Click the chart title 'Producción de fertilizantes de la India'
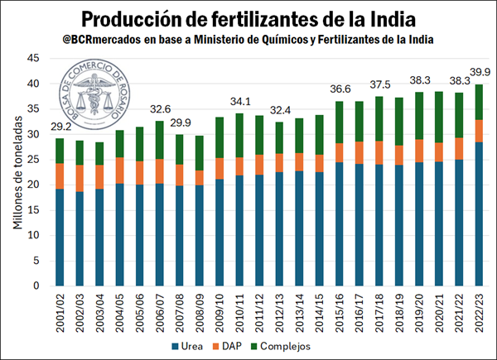coord(248,19)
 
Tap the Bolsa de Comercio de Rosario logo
coord(94,95)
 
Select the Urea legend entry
coord(187,347)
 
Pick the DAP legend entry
coord(227,347)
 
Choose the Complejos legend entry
coord(281,347)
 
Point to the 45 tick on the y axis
coord(33,58)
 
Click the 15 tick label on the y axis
coord(33,210)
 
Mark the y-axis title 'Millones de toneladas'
coord(17,172)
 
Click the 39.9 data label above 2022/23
coord(480,72)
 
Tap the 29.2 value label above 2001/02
coord(61,127)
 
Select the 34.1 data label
coord(240,102)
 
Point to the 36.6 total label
coord(340,89)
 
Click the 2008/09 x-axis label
coord(200,313)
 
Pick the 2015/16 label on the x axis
coord(339,313)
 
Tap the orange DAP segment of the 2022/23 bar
coord(479,131)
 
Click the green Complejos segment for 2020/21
coord(439,118)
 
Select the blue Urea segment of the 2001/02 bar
coord(60,238)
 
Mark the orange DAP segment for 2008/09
coord(200,178)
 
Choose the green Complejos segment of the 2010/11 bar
coord(239,135)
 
